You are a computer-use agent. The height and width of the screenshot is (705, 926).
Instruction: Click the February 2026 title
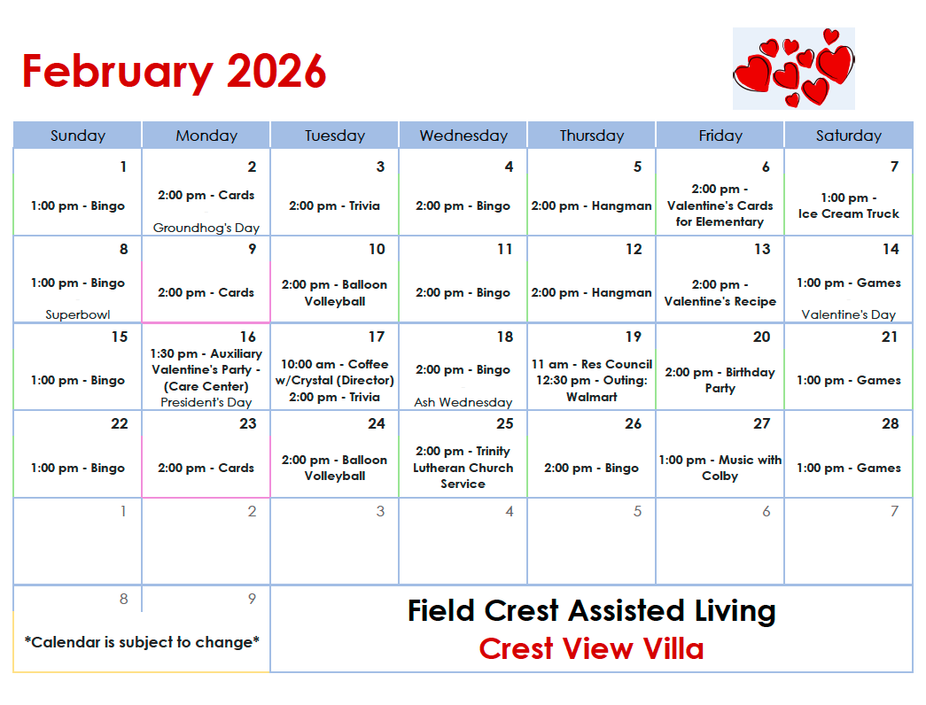(174, 72)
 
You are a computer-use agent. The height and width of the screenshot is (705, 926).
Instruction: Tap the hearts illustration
(793, 68)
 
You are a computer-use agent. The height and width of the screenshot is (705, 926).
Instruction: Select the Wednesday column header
(463, 136)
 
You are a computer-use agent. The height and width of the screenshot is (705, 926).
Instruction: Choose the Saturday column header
(848, 136)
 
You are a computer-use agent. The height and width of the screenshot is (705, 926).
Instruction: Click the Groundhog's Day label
(206, 228)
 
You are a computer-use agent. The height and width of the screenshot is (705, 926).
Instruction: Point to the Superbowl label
(78, 314)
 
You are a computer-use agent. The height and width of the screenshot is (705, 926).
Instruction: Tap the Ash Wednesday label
(463, 402)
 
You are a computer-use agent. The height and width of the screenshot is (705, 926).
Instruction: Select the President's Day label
(206, 402)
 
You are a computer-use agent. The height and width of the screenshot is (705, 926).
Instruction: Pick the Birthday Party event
(720, 380)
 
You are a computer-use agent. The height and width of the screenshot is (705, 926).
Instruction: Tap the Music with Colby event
(720, 468)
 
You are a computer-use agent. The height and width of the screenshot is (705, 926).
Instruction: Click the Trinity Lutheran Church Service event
(463, 468)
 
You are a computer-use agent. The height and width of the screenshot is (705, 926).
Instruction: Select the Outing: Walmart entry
(591, 389)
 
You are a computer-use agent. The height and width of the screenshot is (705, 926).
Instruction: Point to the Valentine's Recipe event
(720, 293)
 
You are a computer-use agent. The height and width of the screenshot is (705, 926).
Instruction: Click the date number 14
(890, 249)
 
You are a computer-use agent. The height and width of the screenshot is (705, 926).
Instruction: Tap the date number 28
(890, 423)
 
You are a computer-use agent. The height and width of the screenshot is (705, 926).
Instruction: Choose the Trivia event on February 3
(334, 205)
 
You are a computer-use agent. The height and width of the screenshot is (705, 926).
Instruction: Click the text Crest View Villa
(591, 649)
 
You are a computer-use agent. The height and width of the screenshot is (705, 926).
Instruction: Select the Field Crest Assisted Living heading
(591, 610)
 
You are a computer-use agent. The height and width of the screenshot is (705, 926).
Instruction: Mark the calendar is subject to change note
(142, 641)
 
